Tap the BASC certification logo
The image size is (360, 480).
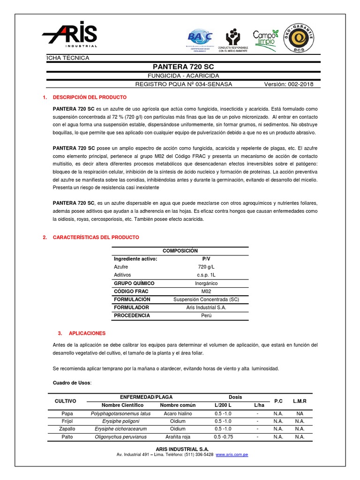[x=200, y=37]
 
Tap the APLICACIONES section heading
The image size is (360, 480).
[x=87, y=333]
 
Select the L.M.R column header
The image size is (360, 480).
[x=300, y=401]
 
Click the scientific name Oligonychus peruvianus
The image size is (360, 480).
[x=120, y=436]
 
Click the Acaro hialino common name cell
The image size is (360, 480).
[x=178, y=414]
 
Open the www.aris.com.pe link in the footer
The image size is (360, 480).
[x=232, y=455]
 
